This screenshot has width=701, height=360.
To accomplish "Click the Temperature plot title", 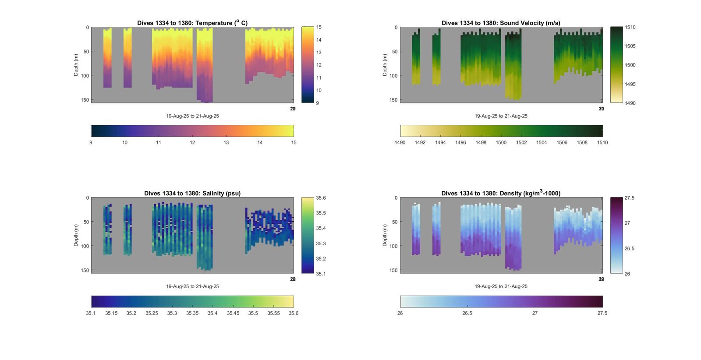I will tap(192, 23).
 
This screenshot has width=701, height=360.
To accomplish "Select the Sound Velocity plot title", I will tap(501, 23).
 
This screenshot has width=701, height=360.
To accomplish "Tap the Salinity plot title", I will tap(192, 193).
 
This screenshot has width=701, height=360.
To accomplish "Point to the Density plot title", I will tap(501, 193).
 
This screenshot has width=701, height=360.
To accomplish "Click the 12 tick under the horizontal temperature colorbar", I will tap(192, 142).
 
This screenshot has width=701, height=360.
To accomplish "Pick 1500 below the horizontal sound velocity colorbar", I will tap(501, 142).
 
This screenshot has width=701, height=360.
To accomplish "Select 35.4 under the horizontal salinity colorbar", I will tap(212, 313).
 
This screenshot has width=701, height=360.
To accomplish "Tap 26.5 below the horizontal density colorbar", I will tap(467, 313).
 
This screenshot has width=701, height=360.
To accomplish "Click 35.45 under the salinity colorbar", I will tap(233, 313).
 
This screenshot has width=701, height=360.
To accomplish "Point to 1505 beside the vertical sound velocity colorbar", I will tap(630, 46).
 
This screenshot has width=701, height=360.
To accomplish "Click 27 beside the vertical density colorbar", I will tap(627, 223).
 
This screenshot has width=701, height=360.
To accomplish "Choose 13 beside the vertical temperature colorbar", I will tap(319, 53).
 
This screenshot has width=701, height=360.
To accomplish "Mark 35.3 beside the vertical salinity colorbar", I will tap(321, 244).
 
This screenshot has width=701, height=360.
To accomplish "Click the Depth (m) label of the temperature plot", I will tap(76, 65).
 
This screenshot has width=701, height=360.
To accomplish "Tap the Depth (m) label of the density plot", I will tap(385, 235).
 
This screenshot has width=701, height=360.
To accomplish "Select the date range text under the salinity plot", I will tap(192, 286).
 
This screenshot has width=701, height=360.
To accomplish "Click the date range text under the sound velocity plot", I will tap(501, 116).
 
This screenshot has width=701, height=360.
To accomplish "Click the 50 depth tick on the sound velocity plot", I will tap(395, 52).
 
